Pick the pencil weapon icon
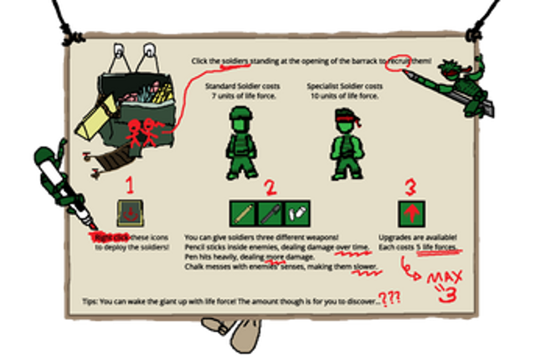[245, 213]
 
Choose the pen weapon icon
[270, 213]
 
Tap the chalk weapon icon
[295, 213]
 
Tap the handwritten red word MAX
[443, 278]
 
